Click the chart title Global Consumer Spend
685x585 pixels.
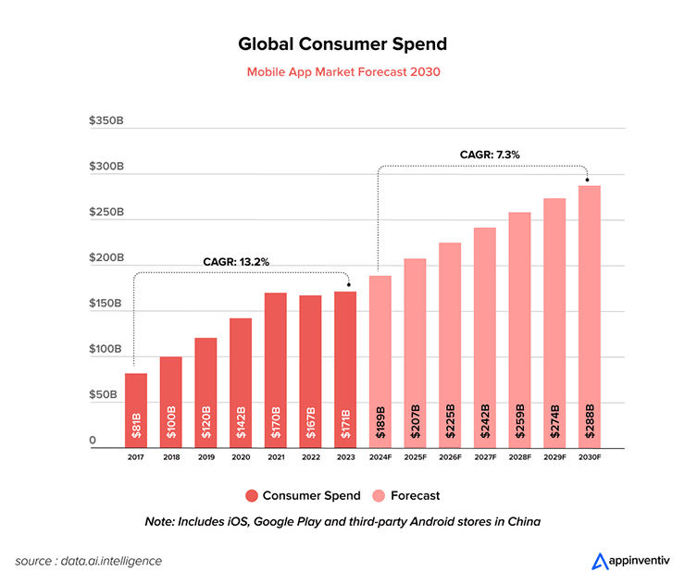342,44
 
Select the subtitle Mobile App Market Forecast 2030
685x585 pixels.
342,71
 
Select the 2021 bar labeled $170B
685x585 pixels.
276,370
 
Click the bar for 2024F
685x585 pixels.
380,361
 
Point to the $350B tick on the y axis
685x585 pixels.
106,120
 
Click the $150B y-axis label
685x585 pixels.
106,304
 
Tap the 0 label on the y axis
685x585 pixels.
93,441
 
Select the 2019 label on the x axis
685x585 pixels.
205,457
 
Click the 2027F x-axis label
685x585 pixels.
485,457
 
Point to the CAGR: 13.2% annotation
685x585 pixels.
236,262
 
